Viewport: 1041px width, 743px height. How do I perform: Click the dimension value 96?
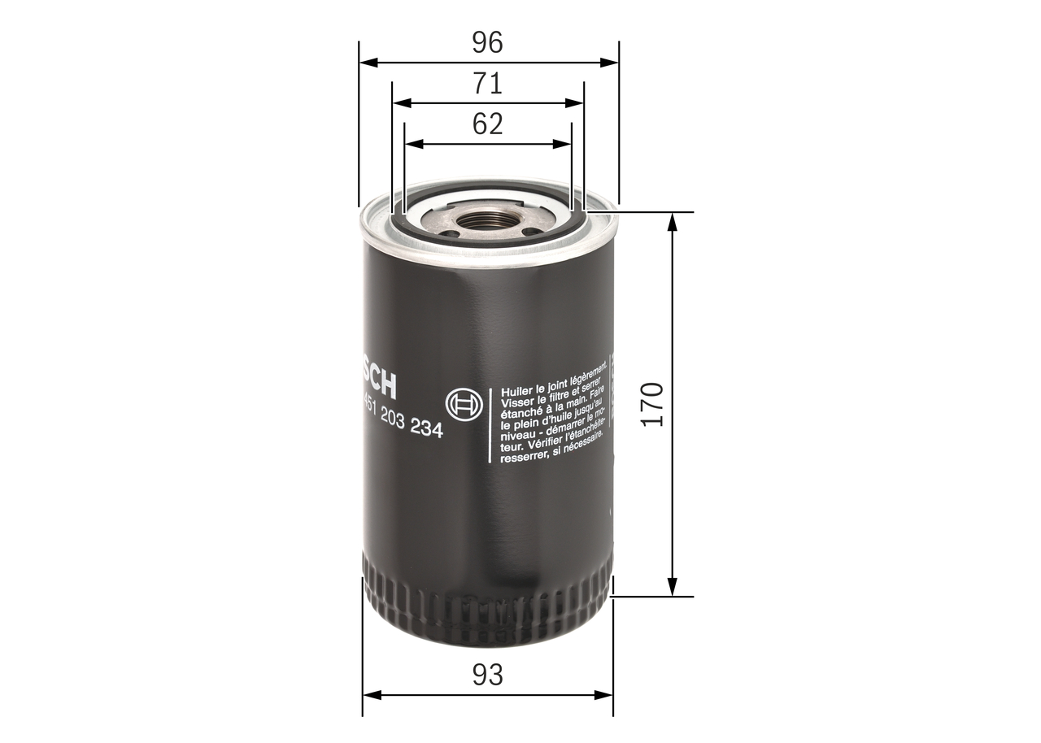(x=488, y=42)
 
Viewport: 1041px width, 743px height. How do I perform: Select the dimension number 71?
(x=488, y=84)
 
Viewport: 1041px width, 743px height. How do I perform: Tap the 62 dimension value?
(x=488, y=124)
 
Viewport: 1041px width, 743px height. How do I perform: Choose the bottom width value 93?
(x=488, y=675)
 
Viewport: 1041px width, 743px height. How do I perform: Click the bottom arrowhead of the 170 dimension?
(x=673, y=588)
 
